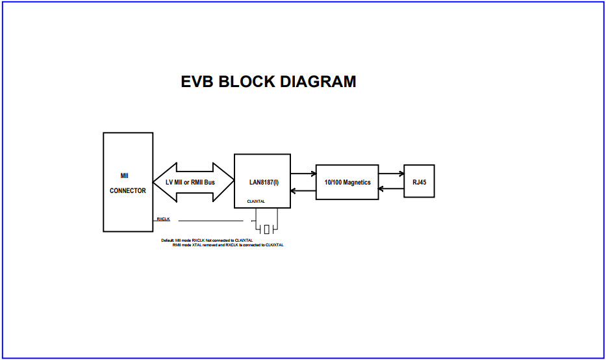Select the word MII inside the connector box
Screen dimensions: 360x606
coord(125,175)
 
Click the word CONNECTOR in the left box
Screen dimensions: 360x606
coord(128,191)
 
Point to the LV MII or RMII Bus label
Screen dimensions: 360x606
coord(190,182)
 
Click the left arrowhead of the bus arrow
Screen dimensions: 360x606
coord(159,182)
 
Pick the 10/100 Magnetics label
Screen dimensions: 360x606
coord(347,182)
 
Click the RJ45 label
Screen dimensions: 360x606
coord(419,182)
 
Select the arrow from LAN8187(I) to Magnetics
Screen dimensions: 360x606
coord(303,174)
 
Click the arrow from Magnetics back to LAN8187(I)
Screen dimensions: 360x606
coord(303,190)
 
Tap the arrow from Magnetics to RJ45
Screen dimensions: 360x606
coord(391,174)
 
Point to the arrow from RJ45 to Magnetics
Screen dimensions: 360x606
coord(391,190)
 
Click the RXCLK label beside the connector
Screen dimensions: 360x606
coord(163,219)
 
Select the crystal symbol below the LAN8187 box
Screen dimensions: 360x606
coord(266,229)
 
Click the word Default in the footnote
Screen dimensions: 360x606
coord(168,240)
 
